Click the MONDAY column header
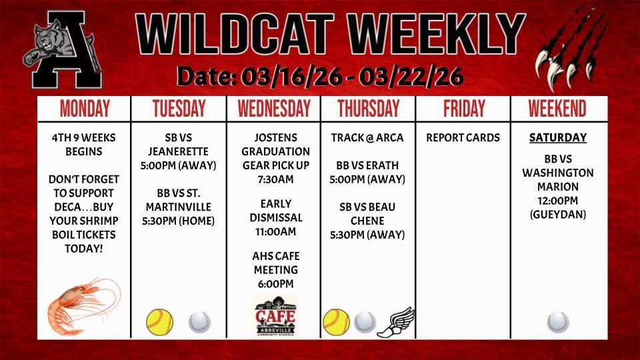click(85, 109)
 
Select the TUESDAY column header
click(179, 109)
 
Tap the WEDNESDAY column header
click(274, 109)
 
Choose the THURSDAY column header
click(368, 109)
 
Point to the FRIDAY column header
click(463, 109)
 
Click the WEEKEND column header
click(557, 109)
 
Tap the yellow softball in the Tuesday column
click(159, 321)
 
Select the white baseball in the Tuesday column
click(199, 321)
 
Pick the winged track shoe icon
click(395, 322)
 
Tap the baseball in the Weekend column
click(558, 321)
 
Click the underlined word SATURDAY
click(558, 138)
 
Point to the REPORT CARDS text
click(463, 138)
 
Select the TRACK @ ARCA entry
click(367, 138)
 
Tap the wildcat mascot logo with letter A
click(63, 52)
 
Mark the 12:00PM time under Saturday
click(558, 201)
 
